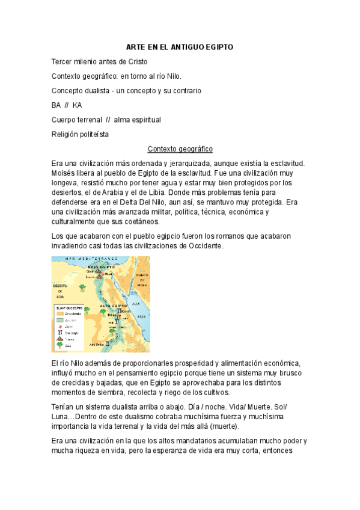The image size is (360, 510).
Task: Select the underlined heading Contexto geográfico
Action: [180, 148]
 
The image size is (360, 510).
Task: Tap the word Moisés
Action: [66, 173]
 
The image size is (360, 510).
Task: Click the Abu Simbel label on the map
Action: [97, 345]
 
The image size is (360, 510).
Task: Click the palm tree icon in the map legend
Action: [59, 345]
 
